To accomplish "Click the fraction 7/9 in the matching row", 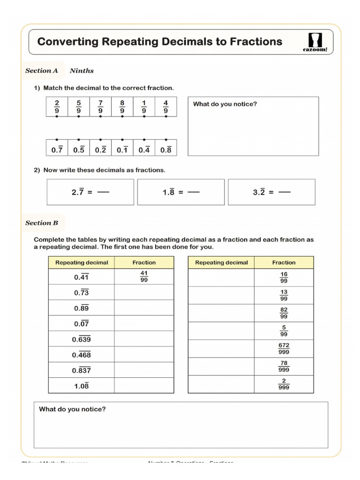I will (100, 107).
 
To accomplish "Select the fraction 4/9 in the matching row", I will (166, 107).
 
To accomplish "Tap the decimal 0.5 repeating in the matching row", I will (79, 150).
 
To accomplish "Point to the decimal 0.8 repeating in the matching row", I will (166, 150).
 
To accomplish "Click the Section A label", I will (42, 71).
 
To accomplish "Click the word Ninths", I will (82, 71).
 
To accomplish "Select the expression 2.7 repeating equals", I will (82, 192).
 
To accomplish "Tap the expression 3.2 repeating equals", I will (264, 192).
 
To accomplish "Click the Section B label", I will (42, 223).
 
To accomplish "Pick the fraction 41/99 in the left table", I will (144, 277).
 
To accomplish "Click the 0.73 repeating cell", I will (81, 292).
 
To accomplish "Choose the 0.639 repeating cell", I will (81, 339).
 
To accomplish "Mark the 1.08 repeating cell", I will (81, 386).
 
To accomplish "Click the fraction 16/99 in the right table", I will (284, 277).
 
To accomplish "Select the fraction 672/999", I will (284, 348).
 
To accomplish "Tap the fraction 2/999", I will (284, 384).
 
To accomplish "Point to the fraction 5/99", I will (284, 331).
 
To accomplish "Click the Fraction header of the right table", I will (284, 262).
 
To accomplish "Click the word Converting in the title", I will (67, 42).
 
